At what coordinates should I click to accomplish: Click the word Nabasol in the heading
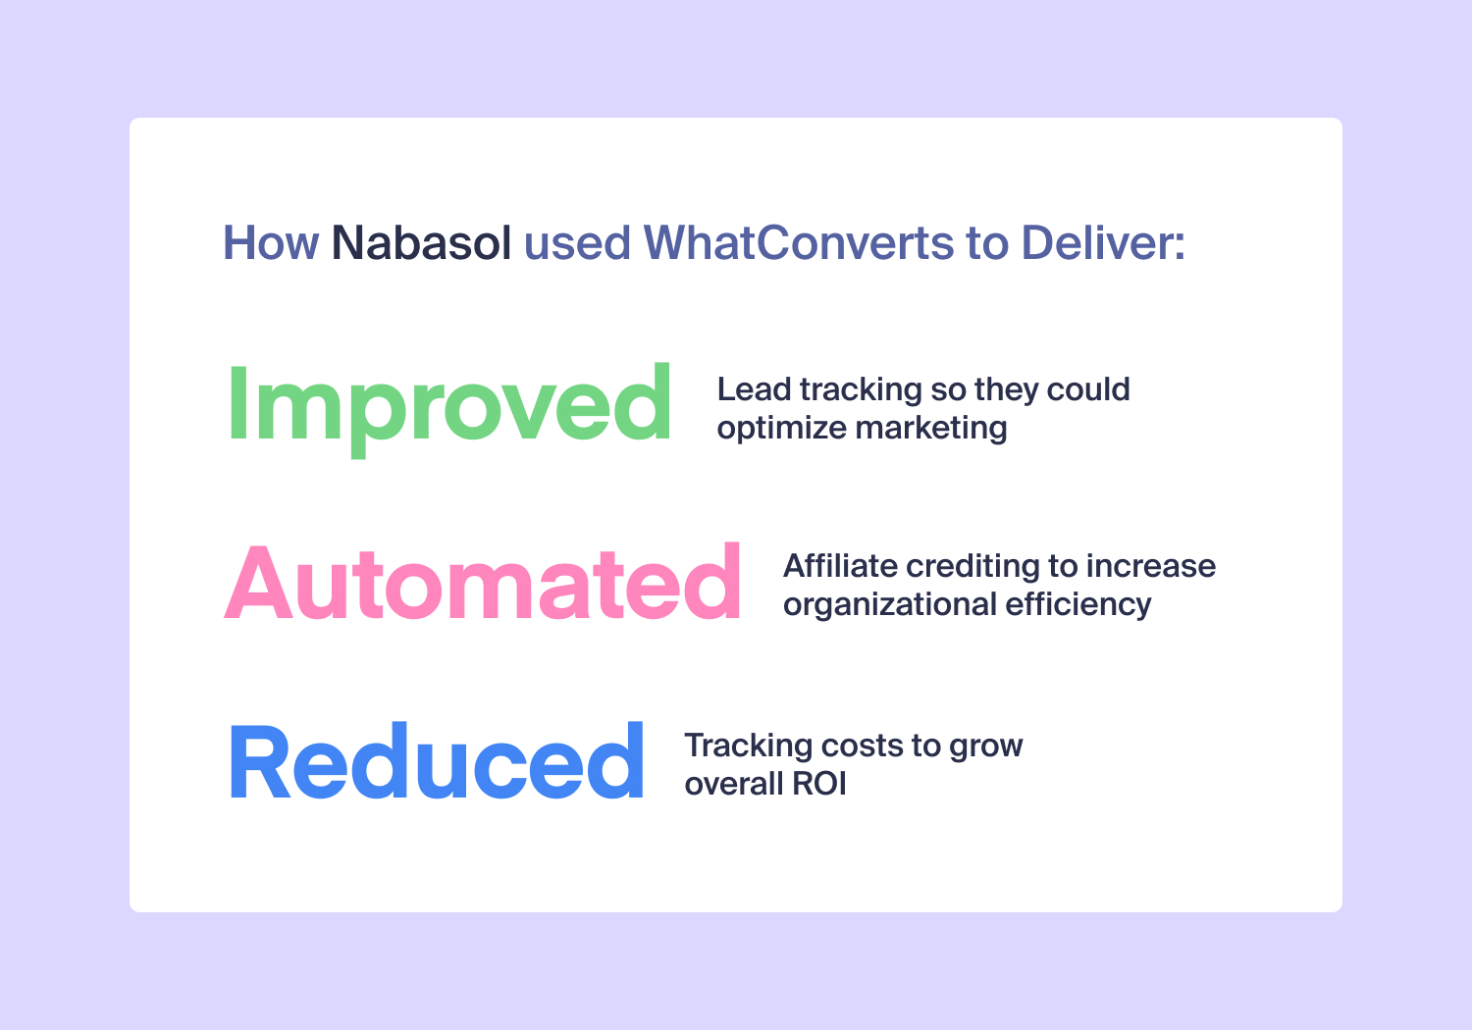(x=421, y=242)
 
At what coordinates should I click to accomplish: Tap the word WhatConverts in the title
(x=799, y=242)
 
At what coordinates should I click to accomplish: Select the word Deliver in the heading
(x=1103, y=242)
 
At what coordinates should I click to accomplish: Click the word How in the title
(x=271, y=242)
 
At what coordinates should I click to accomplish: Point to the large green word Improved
(x=449, y=410)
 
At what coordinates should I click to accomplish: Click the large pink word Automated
(x=483, y=582)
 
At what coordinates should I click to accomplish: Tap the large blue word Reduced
(x=437, y=759)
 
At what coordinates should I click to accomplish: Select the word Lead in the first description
(x=754, y=388)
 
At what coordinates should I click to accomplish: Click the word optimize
(x=781, y=429)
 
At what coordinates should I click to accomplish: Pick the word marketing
(x=931, y=429)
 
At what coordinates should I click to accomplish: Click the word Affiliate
(x=840, y=566)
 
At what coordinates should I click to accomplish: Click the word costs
(x=863, y=747)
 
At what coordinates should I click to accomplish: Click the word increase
(x=1151, y=566)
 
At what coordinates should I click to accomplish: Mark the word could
(x=1088, y=388)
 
